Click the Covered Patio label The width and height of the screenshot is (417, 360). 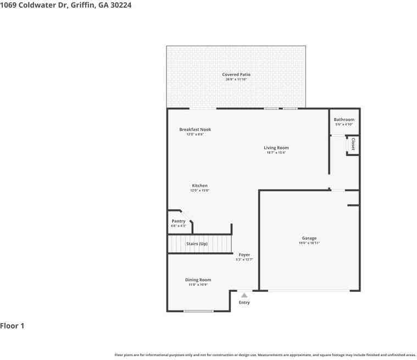[x=236, y=74]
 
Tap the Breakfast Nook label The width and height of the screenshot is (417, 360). [x=195, y=130]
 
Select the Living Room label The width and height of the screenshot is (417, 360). [x=276, y=148]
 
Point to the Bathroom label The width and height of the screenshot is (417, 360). [x=344, y=119]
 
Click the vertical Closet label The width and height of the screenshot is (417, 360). [x=353, y=144]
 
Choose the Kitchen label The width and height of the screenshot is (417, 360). [x=199, y=186]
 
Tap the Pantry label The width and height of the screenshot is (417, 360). [x=179, y=221]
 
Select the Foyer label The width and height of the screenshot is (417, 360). [x=244, y=254]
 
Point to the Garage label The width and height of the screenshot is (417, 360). [x=309, y=238]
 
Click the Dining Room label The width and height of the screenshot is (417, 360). [x=198, y=280]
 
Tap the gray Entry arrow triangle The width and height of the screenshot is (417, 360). [x=244, y=295]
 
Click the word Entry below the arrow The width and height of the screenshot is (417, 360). [x=244, y=303]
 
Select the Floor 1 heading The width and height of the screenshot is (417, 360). [x=12, y=326]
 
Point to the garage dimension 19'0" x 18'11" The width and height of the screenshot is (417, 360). [x=309, y=243]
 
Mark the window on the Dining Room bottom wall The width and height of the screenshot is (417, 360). [x=198, y=311]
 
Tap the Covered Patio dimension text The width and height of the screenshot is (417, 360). [x=236, y=79]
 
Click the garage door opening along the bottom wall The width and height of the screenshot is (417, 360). [x=308, y=290]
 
